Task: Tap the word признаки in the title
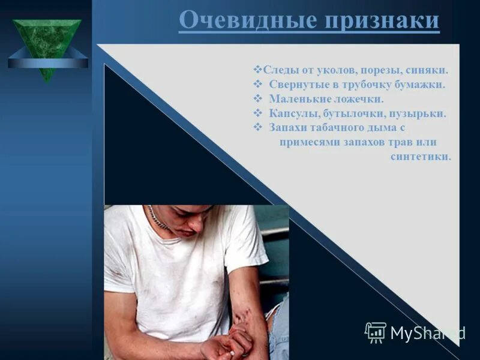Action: click(x=382, y=20)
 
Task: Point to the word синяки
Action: click(x=430, y=70)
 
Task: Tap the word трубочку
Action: click(x=373, y=85)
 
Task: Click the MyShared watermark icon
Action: click(x=376, y=332)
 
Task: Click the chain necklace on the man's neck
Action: click(x=158, y=217)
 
